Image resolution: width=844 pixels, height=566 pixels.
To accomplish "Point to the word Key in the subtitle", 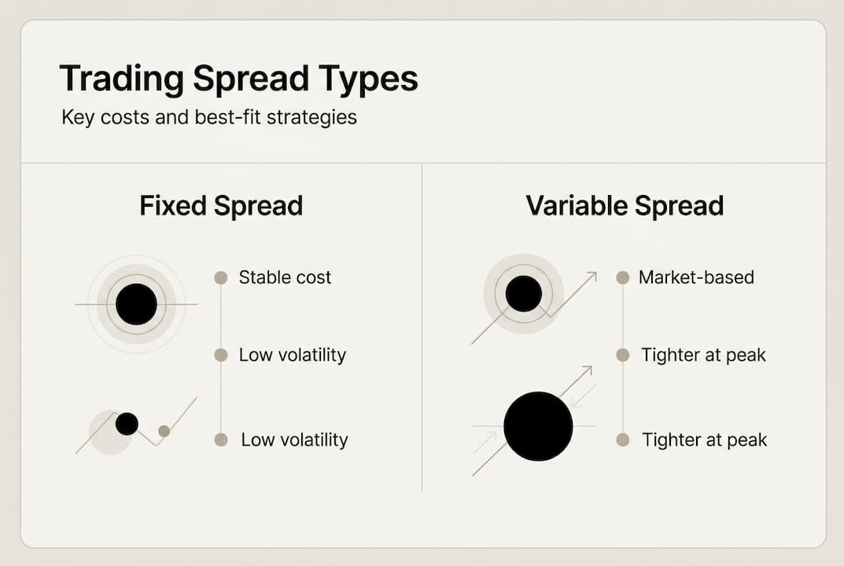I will [77, 119].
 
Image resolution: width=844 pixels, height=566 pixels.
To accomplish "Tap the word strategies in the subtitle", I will [313, 119].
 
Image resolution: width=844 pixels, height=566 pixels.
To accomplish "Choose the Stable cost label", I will [285, 277].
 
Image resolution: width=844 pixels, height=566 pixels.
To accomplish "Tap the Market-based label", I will [696, 277].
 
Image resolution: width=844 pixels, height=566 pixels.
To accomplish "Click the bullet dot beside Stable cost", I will [221, 277].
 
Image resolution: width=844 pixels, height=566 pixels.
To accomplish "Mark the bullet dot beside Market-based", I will [622, 277].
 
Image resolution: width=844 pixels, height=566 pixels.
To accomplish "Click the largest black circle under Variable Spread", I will [538, 426].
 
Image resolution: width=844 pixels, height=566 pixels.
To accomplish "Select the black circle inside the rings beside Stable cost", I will [136, 304].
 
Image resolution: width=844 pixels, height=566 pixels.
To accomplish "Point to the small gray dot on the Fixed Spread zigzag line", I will [164, 431].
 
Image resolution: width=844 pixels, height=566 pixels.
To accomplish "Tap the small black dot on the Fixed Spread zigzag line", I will [127, 424].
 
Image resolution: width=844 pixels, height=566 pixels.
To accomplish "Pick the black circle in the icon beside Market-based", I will [523, 294].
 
